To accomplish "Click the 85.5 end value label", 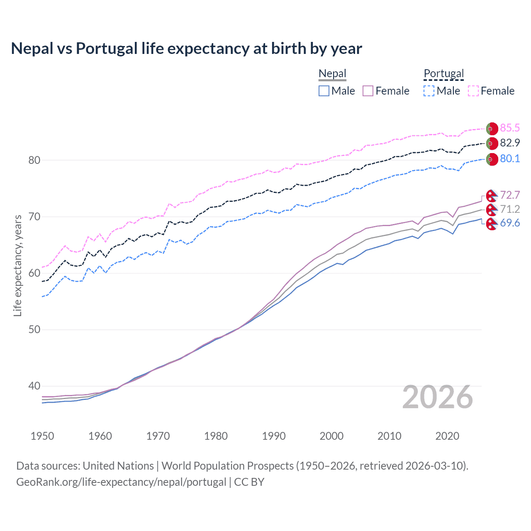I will pyautogui.click(x=510, y=128).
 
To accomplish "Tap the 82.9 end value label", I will pyautogui.click(x=510, y=143).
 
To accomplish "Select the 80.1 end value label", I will pyautogui.click(x=510, y=158).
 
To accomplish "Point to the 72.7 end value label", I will pyautogui.click(x=510, y=195).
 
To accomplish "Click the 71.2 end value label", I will pyautogui.click(x=510, y=209).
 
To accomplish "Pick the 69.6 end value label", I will pyautogui.click(x=510, y=223).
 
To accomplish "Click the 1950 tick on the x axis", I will pyautogui.click(x=42, y=436).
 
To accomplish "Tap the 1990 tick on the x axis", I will pyautogui.click(x=274, y=436).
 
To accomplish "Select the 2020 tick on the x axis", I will pyautogui.click(x=447, y=436).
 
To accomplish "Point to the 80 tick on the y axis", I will pyautogui.click(x=34, y=160).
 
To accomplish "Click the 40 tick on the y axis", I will pyautogui.click(x=34, y=386).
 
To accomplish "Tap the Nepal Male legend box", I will pyautogui.click(x=324, y=91).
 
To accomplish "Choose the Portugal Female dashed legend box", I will pyautogui.click(x=473, y=91).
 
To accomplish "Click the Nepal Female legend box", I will pyautogui.click(x=368, y=91).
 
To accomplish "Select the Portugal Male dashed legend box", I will pyautogui.click(x=429, y=91).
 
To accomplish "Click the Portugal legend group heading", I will pyautogui.click(x=443, y=73).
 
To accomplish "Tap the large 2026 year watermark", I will pyautogui.click(x=438, y=397).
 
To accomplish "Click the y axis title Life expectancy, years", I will pyautogui.click(x=18, y=265).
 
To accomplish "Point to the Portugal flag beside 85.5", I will pyautogui.click(x=492, y=129).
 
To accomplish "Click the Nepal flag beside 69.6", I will pyautogui.click(x=492, y=224).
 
